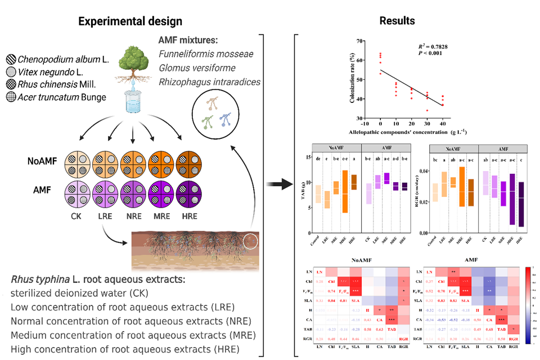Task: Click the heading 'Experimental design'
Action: (130, 21)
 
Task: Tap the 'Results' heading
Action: (397, 21)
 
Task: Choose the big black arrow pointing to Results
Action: (277, 184)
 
